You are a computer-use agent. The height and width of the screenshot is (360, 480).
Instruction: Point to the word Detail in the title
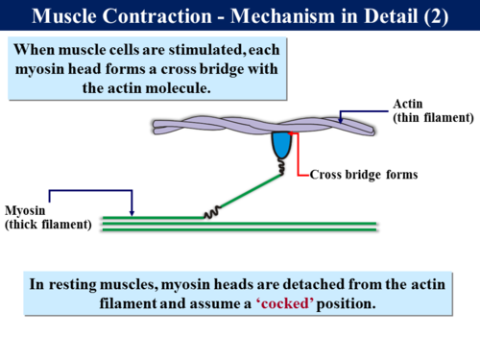pos(380,15)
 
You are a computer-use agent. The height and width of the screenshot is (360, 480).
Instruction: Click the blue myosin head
pos(283,144)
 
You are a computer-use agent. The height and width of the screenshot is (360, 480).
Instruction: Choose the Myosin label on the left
pos(25,210)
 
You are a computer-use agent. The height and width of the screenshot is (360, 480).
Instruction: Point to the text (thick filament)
pos(47,225)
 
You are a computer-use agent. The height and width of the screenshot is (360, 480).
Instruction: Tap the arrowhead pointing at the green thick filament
pos(132,213)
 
